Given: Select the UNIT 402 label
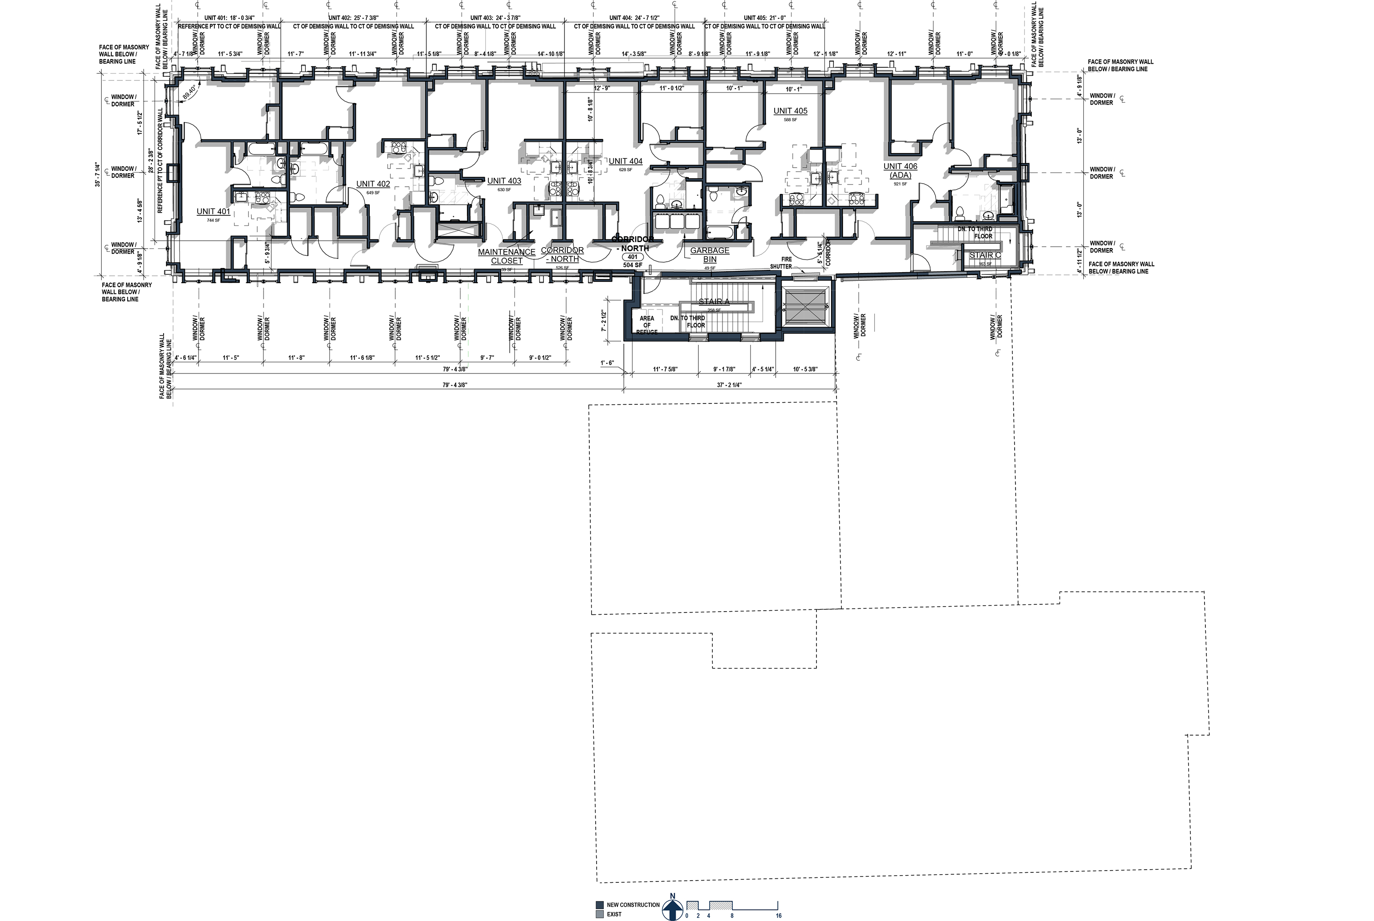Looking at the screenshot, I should tap(373, 184).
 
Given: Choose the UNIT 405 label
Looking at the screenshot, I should tap(790, 111).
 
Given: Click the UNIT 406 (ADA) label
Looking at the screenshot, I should tap(900, 171).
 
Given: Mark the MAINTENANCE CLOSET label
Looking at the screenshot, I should tap(506, 257).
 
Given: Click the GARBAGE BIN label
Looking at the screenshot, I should tap(710, 255).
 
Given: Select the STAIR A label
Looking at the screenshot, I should tap(714, 302).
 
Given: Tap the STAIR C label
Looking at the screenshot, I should tap(985, 255).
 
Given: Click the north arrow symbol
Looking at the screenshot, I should tap(672, 909).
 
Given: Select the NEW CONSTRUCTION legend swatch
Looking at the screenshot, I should tap(599, 905).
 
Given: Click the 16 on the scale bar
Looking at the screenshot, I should tap(778, 916).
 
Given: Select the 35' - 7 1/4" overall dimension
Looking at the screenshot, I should tap(98, 174).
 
